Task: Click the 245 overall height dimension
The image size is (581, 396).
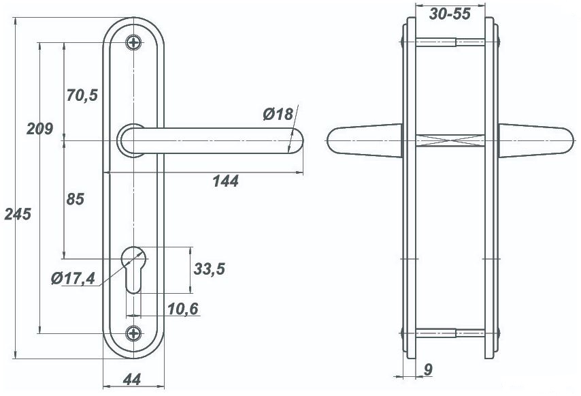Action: (18, 214)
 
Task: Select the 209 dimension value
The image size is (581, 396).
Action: (39, 129)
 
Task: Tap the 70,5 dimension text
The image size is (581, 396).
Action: (82, 95)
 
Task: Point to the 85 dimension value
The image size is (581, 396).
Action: (76, 199)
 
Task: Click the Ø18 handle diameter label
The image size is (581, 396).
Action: (278, 114)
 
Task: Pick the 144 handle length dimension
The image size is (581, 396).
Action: (226, 181)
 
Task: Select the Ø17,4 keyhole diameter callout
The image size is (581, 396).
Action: (73, 278)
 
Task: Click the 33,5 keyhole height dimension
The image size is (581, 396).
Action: (210, 269)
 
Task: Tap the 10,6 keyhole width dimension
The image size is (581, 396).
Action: (183, 309)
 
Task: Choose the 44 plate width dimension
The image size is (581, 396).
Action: (132, 380)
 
